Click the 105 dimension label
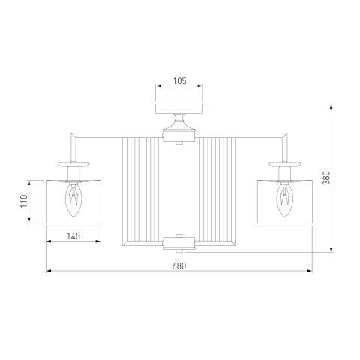point(180,81)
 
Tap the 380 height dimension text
point(326,178)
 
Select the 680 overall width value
point(179,266)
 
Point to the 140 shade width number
point(73,236)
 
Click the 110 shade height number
point(24,201)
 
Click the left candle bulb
point(73,200)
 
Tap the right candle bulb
point(285,200)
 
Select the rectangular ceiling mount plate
point(179,109)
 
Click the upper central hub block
point(179,137)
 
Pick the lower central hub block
point(179,242)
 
